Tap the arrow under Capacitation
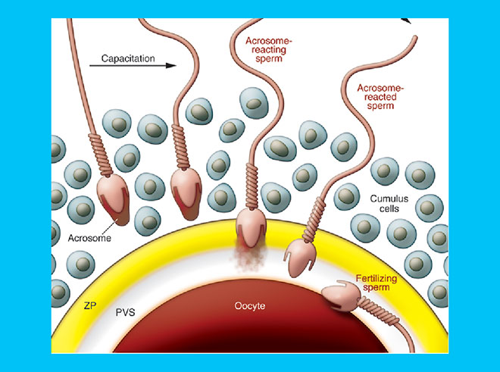132,67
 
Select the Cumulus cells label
387,205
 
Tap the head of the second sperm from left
184,187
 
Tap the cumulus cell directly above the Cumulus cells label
384,173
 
